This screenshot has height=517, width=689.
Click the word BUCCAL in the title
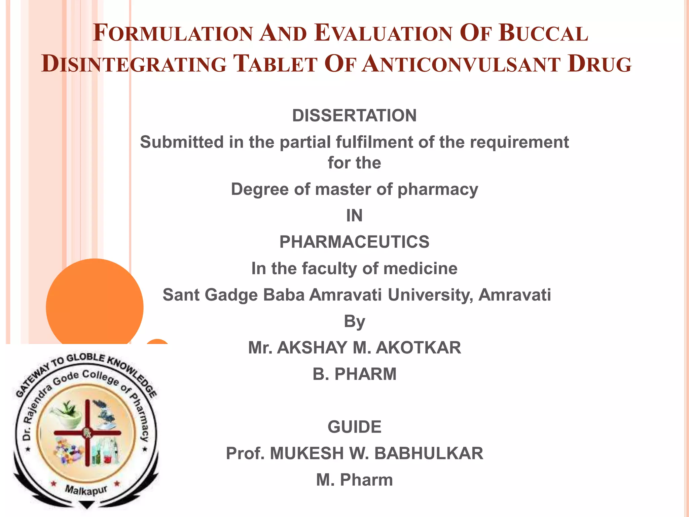[x=543, y=33]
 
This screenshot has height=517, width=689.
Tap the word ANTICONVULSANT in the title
[x=461, y=64]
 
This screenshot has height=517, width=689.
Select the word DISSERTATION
[x=354, y=115]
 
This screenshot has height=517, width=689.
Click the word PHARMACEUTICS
[x=354, y=242]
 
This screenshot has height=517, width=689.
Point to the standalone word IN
[x=354, y=215]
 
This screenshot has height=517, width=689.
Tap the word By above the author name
[x=354, y=321]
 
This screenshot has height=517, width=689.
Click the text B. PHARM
[x=354, y=374]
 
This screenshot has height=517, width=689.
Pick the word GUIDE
[x=354, y=427]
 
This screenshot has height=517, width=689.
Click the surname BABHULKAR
[x=429, y=453]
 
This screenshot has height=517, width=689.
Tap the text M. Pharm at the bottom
[x=354, y=480]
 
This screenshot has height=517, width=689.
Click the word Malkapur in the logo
[x=86, y=490]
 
